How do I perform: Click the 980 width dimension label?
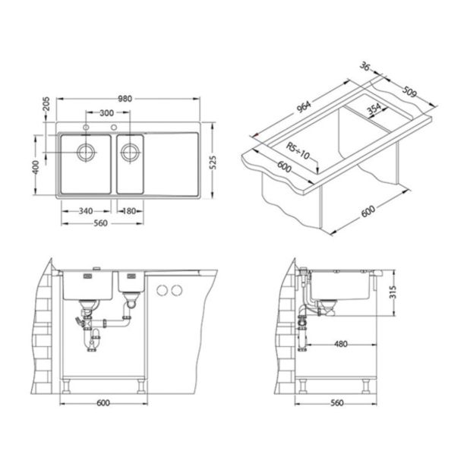tap(125, 99)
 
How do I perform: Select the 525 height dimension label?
tap(213, 163)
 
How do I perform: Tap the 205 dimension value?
tap(46, 103)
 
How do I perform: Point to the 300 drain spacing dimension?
tap(106, 113)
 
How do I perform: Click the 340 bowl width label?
tap(86, 211)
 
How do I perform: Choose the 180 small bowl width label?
tap(129, 211)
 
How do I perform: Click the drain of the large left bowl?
tap(87, 152)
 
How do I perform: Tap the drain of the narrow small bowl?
tap(130, 152)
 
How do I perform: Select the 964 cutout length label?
tap(304, 107)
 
